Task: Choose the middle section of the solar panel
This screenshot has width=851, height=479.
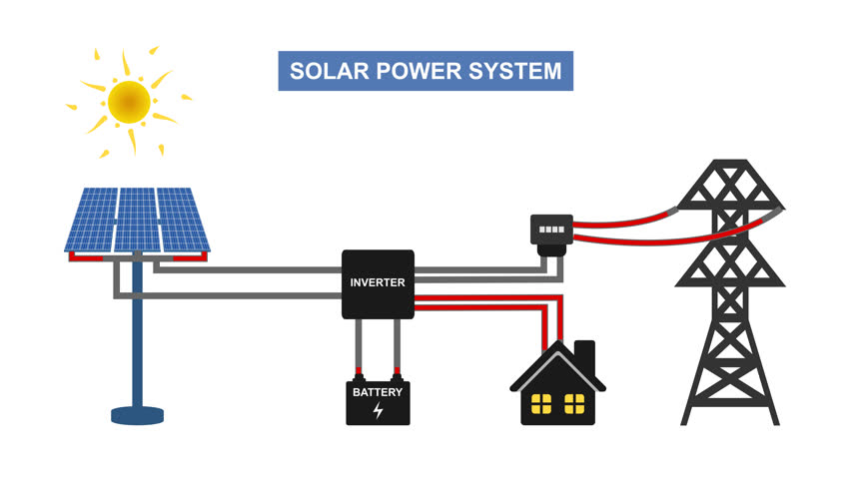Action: (x=137, y=220)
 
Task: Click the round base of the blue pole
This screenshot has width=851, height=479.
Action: (x=137, y=414)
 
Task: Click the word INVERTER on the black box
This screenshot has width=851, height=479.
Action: (x=378, y=282)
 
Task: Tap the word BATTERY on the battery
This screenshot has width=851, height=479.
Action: (x=378, y=392)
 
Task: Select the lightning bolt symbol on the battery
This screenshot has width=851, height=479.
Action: (x=378, y=410)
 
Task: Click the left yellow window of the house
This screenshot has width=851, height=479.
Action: (x=542, y=404)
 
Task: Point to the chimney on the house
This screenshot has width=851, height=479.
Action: (x=584, y=355)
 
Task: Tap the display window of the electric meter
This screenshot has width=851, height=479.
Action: (x=550, y=230)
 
